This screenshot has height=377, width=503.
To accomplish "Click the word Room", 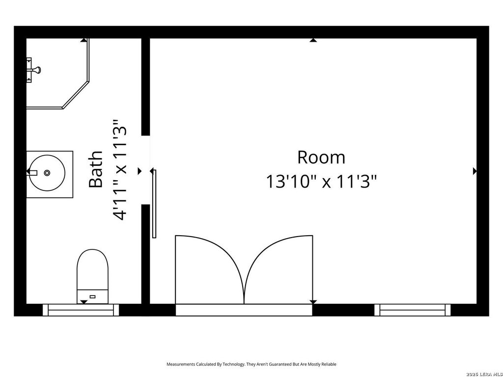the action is tap(321, 157).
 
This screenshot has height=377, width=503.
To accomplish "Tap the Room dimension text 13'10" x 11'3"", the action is tap(321, 182).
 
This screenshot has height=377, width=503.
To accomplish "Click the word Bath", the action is tap(96, 169).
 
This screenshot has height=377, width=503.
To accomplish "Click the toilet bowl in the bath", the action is tap(92, 269).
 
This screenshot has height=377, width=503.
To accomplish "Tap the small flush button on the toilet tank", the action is tap(92, 296).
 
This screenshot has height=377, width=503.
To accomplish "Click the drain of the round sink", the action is tap(47, 173).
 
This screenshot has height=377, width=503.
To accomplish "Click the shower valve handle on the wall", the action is tap(35, 70).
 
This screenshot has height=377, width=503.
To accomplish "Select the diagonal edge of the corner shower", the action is tap(76, 95).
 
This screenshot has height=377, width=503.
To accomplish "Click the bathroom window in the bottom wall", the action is tap(81, 310).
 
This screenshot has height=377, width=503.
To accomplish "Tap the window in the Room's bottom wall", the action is tap(413, 310).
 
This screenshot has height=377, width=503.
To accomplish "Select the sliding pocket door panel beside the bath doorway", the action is tap(154, 204).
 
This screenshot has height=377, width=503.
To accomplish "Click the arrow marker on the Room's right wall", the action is tap(475, 171).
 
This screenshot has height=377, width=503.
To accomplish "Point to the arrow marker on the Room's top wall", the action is tap(313, 40).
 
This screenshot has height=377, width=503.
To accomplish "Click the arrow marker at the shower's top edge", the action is tap(84, 40).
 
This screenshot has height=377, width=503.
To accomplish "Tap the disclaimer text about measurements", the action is tap(251, 364).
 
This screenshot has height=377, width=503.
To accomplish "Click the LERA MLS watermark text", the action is tap(485, 374).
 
